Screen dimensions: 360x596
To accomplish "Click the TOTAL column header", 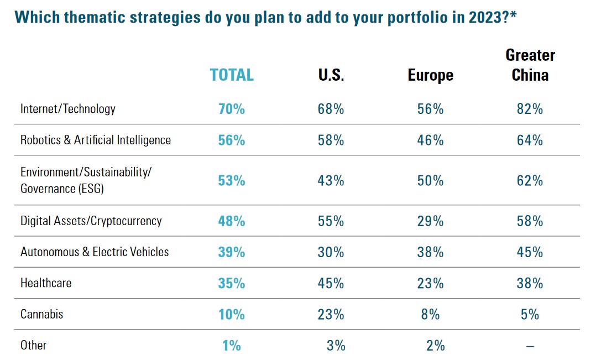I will pyautogui.click(x=232, y=75).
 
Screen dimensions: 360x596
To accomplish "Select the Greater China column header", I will pyautogui.click(x=530, y=65).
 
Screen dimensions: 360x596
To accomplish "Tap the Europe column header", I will pyautogui.click(x=430, y=75).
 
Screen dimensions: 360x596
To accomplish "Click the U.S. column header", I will pyautogui.click(x=331, y=75).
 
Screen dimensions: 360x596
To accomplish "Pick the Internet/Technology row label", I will pyautogui.click(x=68, y=108).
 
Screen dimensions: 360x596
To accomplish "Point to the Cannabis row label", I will pyautogui.click(x=42, y=314).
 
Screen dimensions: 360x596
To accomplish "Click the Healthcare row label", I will pyautogui.click(x=46, y=283).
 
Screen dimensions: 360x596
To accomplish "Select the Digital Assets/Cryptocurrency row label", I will pyautogui.click(x=91, y=221).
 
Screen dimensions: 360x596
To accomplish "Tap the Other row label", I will pyautogui.click(x=33, y=345).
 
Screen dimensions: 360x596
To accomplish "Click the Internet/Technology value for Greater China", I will pyautogui.click(x=530, y=109).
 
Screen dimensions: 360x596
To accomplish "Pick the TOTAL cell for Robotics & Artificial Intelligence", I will pyautogui.click(x=232, y=140).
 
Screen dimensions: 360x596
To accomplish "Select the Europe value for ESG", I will pyautogui.click(x=430, y=181).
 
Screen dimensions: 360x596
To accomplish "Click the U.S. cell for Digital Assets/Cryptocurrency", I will pyautogui.click(x=331, y=221).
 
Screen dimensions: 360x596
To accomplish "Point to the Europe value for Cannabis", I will pyautogui.click(x=430, y=315).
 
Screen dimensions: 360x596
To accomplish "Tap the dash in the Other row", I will pyautogui.click(x=530, y=346).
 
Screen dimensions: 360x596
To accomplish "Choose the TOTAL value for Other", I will pyautogui.click(x=232, y=346).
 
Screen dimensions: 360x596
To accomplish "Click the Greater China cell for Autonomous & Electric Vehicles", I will pyautogui.click(x=530, y=252).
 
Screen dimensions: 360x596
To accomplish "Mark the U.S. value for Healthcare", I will pyautogui.click(x=331, y=283).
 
